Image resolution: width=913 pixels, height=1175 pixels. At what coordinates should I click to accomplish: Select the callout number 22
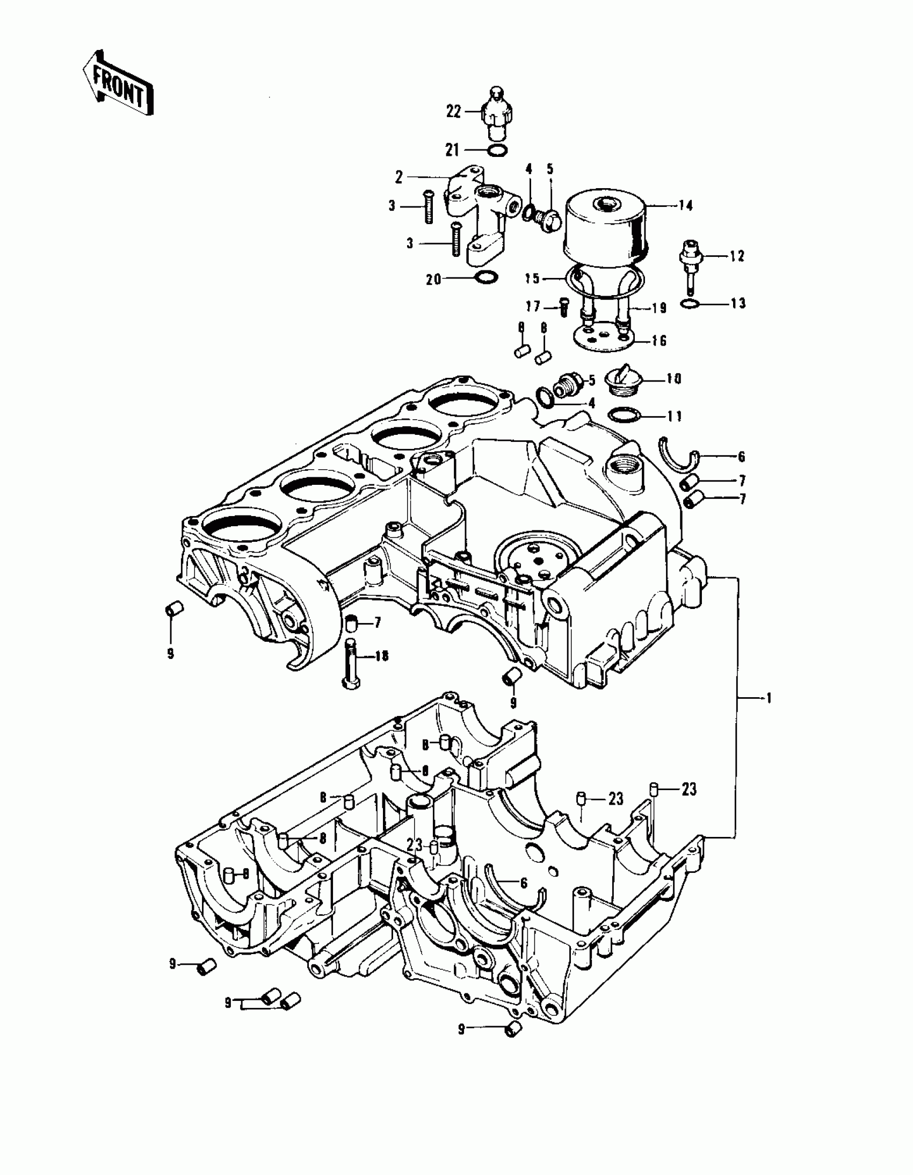(454, 112)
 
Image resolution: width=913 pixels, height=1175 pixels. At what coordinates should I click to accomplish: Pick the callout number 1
(769, 698)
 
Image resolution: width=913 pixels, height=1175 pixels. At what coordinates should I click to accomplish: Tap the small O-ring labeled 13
(690, 304)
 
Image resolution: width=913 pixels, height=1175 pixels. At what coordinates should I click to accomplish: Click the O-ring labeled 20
(487, 277)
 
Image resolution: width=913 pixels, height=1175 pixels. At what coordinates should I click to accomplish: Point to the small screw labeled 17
(564, 307)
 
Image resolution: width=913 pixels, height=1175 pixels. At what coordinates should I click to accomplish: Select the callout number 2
(399, 177)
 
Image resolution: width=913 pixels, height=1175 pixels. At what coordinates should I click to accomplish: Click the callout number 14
(686, 205)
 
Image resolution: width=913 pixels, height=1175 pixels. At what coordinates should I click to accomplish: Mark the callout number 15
(532, 278)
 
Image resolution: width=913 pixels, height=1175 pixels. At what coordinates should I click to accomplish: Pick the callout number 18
(381, 656)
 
